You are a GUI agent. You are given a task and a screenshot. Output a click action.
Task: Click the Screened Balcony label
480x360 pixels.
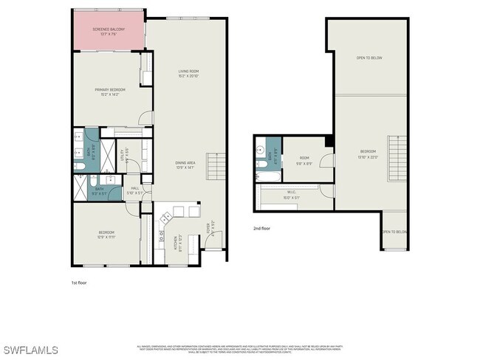point(108,31)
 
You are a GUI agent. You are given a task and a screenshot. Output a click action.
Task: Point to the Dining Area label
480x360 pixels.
point(185,165)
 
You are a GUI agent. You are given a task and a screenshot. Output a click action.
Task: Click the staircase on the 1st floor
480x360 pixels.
point(215,167)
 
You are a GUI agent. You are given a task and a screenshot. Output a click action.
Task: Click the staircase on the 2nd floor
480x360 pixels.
point(398,158)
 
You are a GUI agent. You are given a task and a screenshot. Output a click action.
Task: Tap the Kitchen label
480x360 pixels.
point(177,240)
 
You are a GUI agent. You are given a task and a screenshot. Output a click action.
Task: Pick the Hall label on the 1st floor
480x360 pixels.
point(135,190)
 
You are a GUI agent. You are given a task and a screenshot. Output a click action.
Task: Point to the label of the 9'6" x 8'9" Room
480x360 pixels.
point(304,159)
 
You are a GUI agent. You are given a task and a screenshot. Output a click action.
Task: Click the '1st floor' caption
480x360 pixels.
point(80,282)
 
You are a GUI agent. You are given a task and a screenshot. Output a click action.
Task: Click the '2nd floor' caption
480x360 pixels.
point(261,229)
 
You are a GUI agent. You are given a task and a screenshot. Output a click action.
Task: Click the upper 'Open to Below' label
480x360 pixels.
point(369,58)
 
